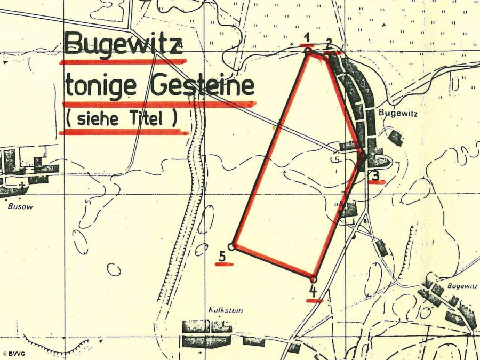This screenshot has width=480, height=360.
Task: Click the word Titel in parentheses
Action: pyautogui.click(x=150, y=119)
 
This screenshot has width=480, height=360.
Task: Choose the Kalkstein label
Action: pyautogui.click(x=220, y=310)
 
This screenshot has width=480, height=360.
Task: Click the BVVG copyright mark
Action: pyautogui.click(x=14, y=354)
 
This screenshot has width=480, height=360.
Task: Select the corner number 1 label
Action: pyautogui.click(x=307, y=37)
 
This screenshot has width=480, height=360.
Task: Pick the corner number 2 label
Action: pyautogui.click(x=330, y=43)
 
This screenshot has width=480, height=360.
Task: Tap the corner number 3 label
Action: pyautogui.click(x=375, y=175)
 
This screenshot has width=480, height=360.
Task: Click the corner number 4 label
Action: pyautogui.click(x=314, y=291)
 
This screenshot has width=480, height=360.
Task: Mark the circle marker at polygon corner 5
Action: pyautogui.click(x=231, y=246)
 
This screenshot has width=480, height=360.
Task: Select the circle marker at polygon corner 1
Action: pyautogui.click(x=308, y=51)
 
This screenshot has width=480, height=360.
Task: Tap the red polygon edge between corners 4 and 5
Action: pyautogui.click(x=273, y=263)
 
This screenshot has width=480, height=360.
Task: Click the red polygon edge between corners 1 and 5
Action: pyautogui.click(x=270, y=149)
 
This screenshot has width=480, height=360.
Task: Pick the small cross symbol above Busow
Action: pyautogui.click(x=22, y=184)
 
